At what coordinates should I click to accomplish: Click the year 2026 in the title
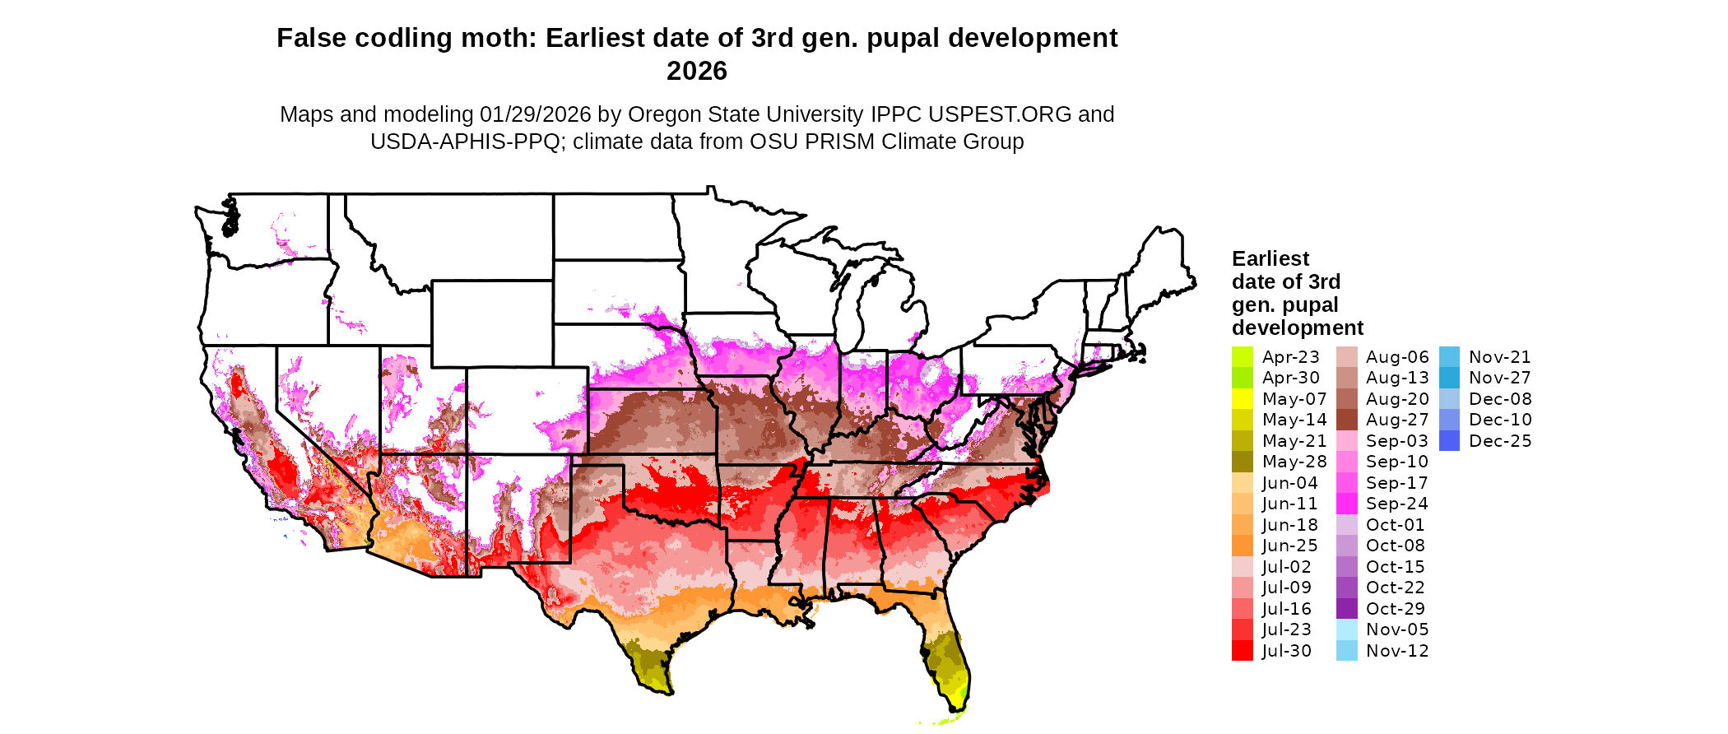point(696,72)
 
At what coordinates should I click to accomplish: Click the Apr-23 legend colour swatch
point(1242,357)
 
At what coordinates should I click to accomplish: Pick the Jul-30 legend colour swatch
point(1242,651)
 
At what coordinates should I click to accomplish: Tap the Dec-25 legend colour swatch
point(1449,441)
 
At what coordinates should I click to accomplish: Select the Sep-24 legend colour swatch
point(1346,504)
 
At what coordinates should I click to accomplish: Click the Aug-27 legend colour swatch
point(1346,420)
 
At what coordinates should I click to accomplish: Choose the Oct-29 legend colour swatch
point(1346,609)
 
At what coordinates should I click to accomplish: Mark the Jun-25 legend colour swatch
point(1242,546)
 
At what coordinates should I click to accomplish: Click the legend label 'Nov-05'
point(1397,629)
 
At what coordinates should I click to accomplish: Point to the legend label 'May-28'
point(1294,462)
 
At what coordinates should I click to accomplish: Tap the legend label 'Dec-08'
point(1500,399)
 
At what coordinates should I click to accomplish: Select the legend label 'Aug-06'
point(1397,357)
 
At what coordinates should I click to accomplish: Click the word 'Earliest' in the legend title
point(1270,259)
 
